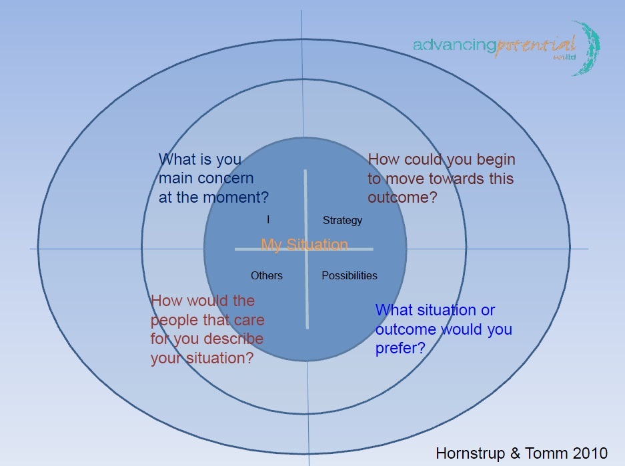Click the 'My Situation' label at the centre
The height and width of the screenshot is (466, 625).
304,245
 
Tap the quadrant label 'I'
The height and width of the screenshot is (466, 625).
268,219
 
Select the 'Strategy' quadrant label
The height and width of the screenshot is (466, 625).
342,220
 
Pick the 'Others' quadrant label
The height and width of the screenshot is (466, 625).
267,275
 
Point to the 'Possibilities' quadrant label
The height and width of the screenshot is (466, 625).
350,275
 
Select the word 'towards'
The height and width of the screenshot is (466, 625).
458,179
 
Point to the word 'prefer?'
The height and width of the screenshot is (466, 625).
400,348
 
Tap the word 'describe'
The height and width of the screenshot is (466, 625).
235,338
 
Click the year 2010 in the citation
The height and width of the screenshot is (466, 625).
591,453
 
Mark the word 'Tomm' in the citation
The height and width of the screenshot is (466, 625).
550,453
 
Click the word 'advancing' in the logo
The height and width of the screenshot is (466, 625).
454,45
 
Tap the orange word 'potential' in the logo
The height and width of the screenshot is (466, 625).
536,45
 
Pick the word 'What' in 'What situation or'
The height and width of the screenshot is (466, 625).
394,311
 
